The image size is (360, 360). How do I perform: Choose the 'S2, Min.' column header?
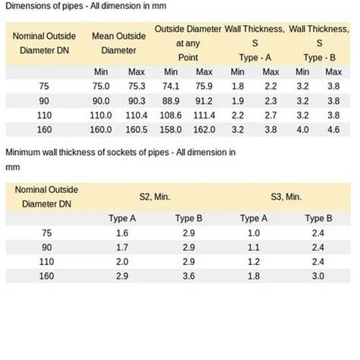tap(155, 196)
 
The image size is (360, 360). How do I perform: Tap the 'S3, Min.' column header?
tap(286, 196)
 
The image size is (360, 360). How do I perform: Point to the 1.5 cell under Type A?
tap(122, 233)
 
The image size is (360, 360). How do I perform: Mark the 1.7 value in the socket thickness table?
tap(122, 248)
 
